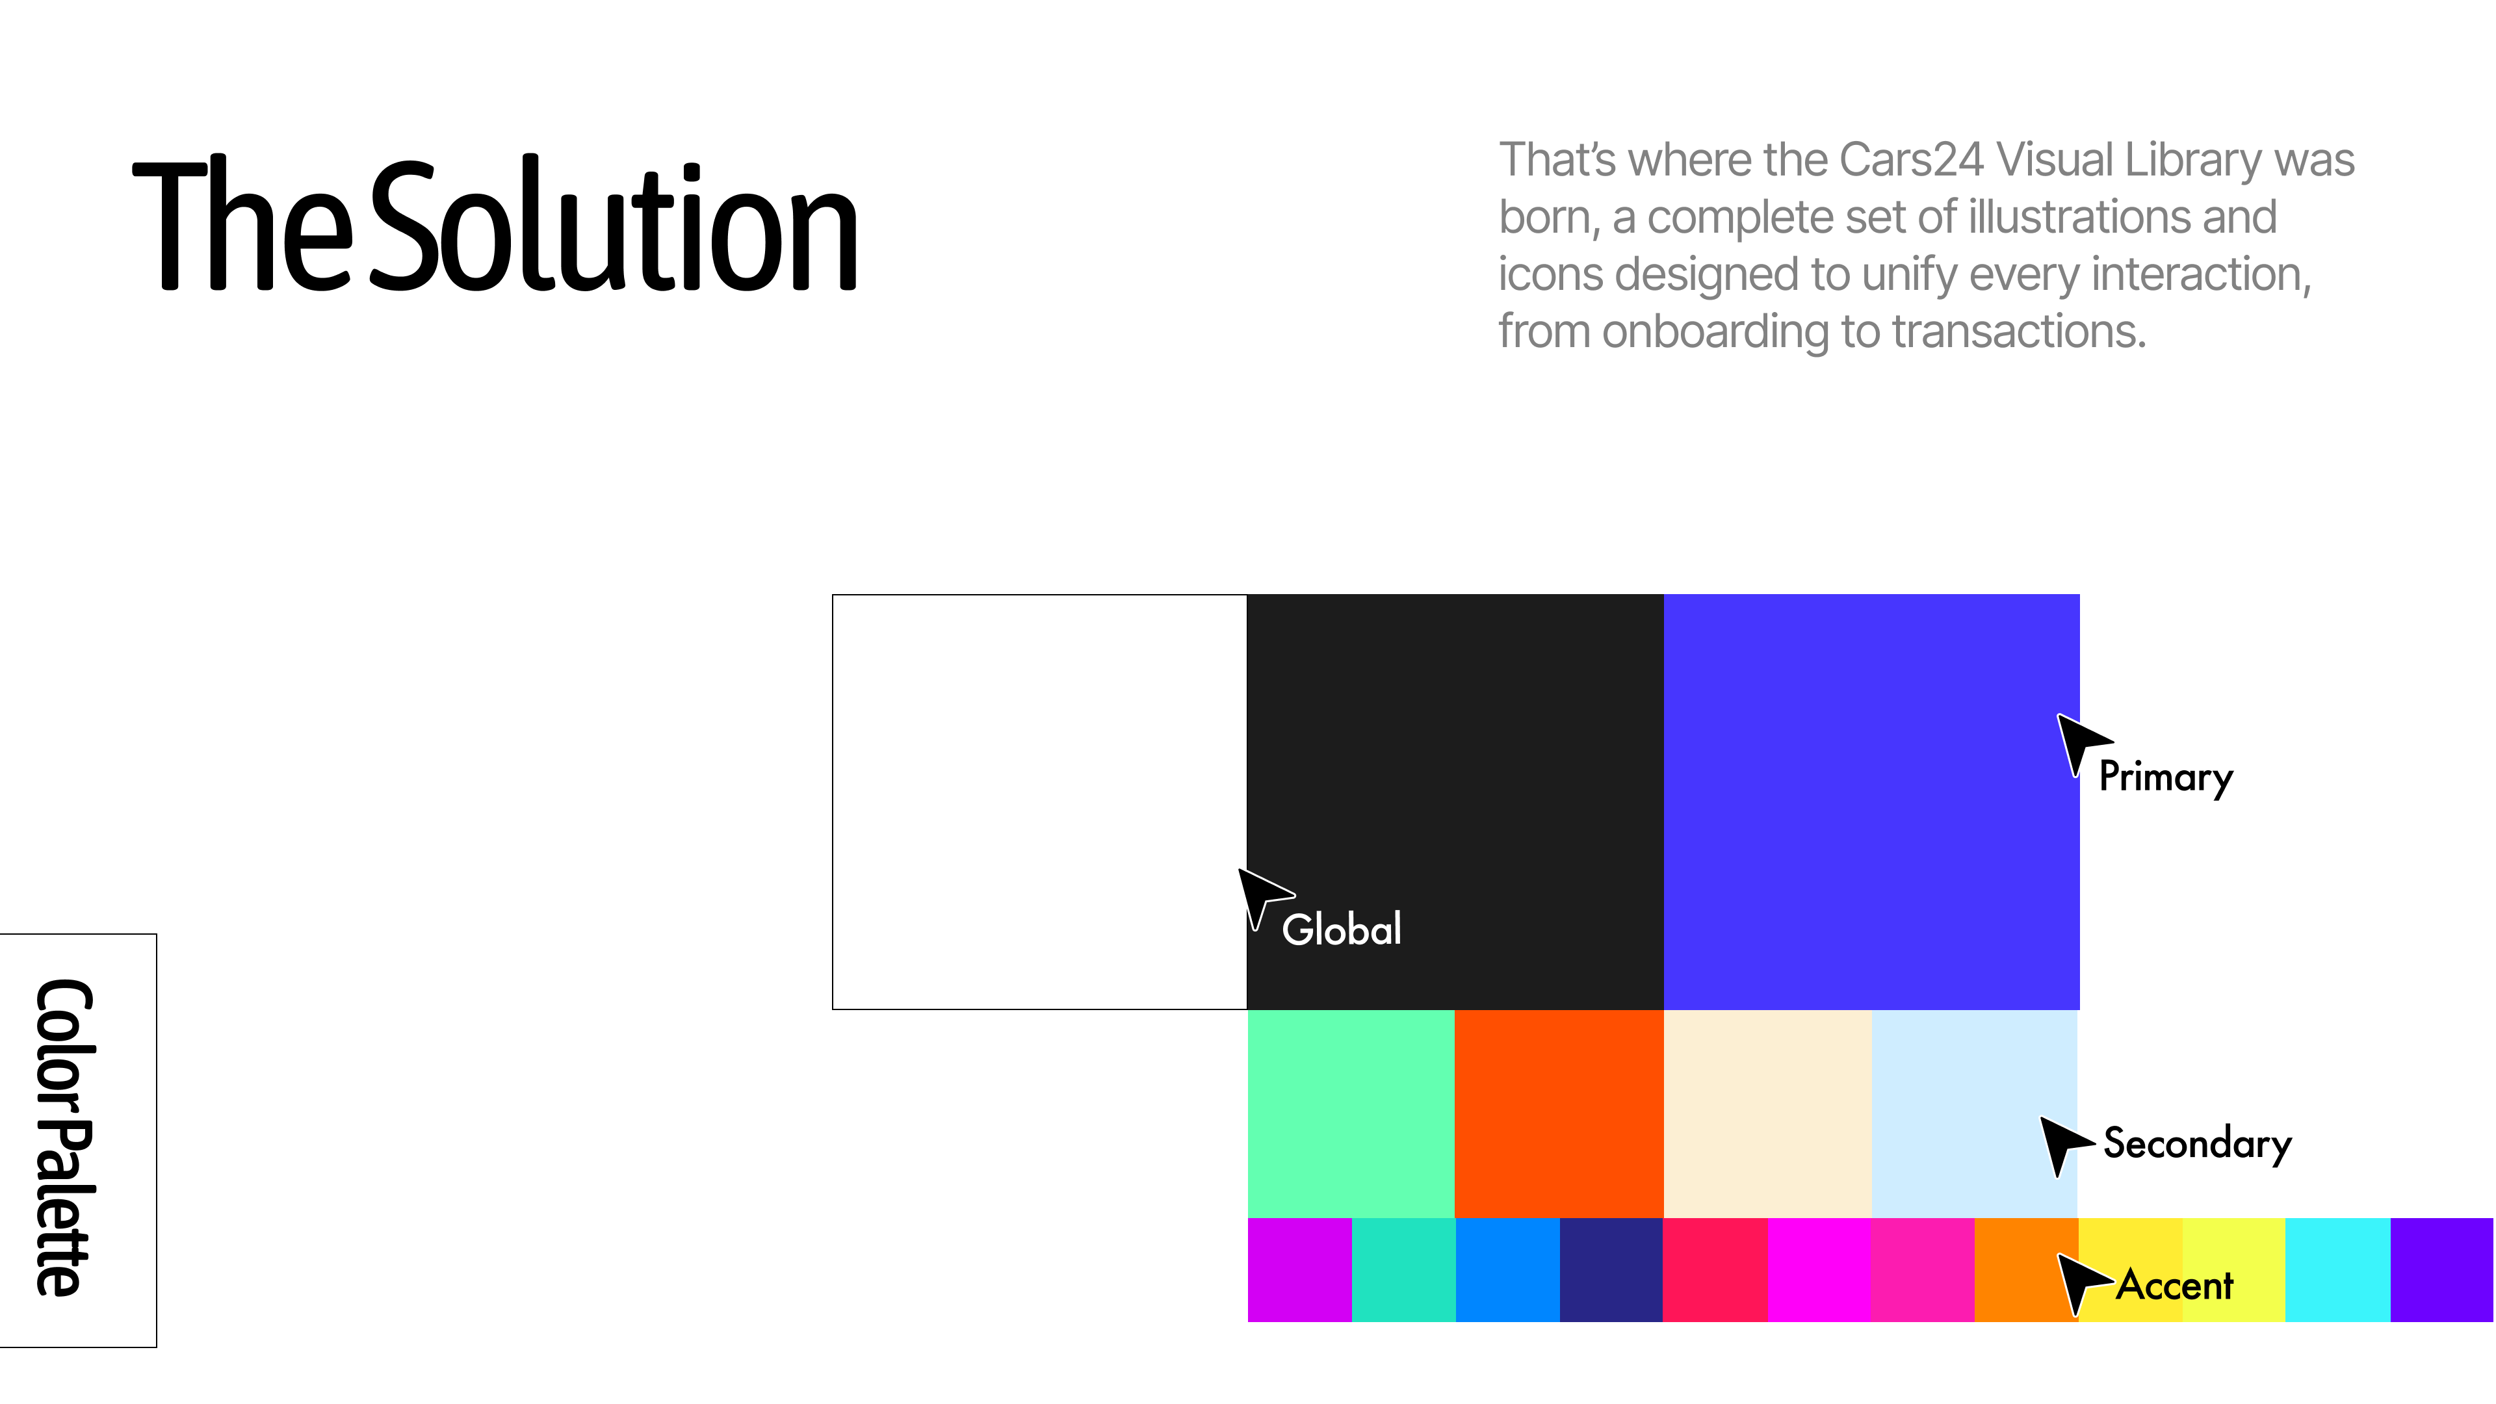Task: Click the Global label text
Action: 1341,929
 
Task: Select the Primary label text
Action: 2166,777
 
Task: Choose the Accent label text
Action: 2174,1285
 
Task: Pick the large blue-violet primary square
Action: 1872,802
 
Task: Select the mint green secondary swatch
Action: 1351,1114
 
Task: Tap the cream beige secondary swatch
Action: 1767,1114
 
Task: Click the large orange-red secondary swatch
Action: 1559,1114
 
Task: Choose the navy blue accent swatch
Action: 1611,1269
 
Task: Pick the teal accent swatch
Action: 1403,1269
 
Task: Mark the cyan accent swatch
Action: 2338,1269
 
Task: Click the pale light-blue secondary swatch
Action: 1975,1114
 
